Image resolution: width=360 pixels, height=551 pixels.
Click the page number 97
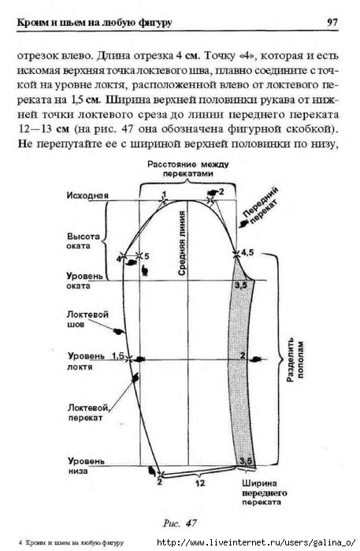point(332,23)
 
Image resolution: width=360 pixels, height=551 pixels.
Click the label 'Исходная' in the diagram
point(87,195)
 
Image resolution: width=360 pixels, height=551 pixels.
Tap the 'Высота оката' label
point(84,241)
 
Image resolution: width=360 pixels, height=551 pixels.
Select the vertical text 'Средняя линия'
point(182,243)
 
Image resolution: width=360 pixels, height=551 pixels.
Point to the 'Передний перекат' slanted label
point(261,207)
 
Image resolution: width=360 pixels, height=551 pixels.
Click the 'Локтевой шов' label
point(87,319)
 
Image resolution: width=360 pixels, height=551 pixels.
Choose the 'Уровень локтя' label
point(86,361)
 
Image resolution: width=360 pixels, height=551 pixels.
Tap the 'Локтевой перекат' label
point(88,412)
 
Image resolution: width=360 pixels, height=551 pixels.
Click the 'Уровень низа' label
point(86,466)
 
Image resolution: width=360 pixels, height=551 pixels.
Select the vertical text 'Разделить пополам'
point(295,359)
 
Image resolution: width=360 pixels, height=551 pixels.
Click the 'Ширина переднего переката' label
point(264,493)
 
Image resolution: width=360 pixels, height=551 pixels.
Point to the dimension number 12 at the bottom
point(200,483)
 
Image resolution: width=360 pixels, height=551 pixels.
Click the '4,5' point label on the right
point(247,252)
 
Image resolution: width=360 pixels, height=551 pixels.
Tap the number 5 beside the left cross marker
point(147,256)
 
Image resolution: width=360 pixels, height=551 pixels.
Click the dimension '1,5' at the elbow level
point(118,356)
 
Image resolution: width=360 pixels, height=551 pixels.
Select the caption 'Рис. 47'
point(180,523)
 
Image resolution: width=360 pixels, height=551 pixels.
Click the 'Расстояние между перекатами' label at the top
point(188,169)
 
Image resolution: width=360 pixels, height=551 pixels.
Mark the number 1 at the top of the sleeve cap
point(164,194)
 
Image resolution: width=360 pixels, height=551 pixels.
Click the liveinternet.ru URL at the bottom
point(256,542)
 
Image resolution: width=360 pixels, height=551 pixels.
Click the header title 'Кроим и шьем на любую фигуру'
point(95,23)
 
